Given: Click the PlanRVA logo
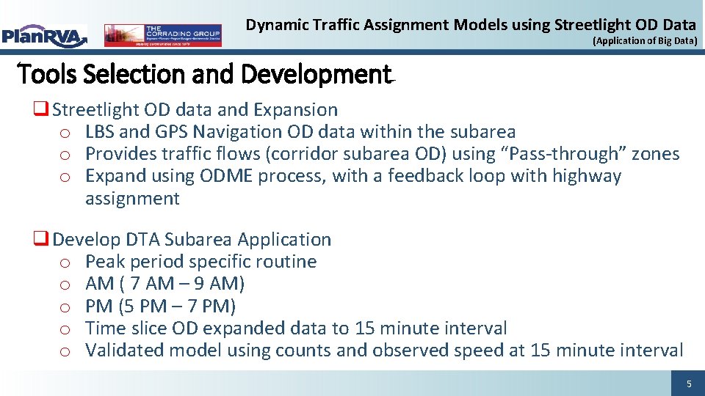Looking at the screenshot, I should (44, 35).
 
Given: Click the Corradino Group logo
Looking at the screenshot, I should (162, 35).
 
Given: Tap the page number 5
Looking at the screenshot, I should (688, 384).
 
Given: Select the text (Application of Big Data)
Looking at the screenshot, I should (645, 41).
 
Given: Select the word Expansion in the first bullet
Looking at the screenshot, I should (295, 110).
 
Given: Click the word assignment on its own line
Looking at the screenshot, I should (132, 199).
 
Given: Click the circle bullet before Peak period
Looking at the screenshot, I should (65, 263).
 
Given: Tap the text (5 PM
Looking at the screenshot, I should (141, 306).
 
